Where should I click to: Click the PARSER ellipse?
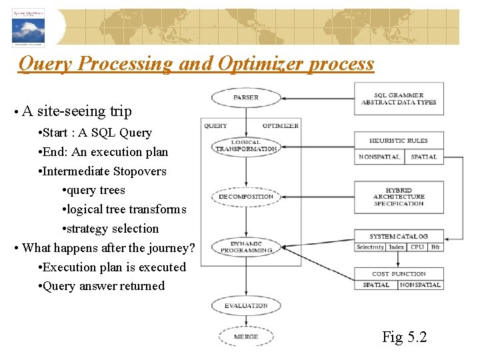246,98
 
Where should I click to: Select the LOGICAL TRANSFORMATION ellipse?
246,146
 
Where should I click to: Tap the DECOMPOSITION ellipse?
246,197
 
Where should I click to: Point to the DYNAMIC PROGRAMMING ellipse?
246,247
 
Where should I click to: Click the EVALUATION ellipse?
246,305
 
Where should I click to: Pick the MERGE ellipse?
246,337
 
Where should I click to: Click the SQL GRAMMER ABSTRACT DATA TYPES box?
399,99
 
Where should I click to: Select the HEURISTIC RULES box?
399,141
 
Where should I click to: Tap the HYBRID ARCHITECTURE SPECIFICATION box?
399,197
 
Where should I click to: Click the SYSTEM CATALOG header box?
399,237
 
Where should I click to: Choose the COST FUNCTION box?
399,273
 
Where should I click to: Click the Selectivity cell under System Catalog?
370,247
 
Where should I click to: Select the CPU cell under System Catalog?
417,247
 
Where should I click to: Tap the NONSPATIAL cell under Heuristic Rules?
379,157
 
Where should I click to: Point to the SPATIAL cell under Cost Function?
376,285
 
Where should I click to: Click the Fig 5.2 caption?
404,337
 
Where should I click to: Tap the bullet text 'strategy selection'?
110,229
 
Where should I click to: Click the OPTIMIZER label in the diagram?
280,125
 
